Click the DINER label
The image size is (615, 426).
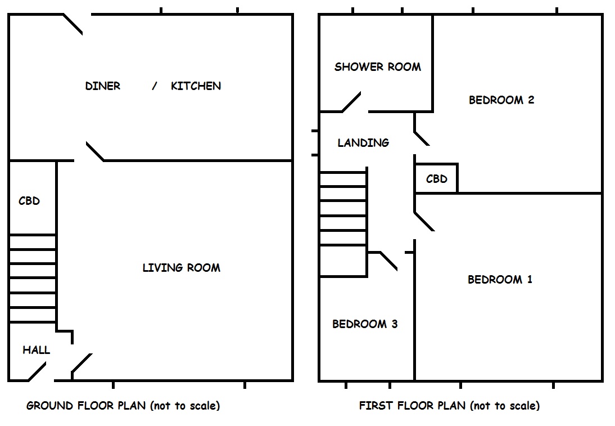point(102,86)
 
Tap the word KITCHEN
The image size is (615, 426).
point(196,86)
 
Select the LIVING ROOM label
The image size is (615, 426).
point(181,268)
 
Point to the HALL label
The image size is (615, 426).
point(36,350)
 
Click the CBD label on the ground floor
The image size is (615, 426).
point(29,201)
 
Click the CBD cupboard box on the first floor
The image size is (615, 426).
point(436,179)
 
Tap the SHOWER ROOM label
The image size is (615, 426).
point(377,67)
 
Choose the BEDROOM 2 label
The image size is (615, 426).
point(501,100)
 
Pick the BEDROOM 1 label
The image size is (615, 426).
point(500,280)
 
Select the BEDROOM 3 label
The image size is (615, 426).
point(365,324)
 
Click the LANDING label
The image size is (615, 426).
point(363,143)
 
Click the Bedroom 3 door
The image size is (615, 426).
point(389,261)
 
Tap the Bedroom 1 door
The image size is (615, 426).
point(424,221)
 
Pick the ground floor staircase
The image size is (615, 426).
point(33,278)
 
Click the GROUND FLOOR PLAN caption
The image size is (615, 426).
point(123,406)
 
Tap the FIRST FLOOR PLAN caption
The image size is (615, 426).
point(449,406)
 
